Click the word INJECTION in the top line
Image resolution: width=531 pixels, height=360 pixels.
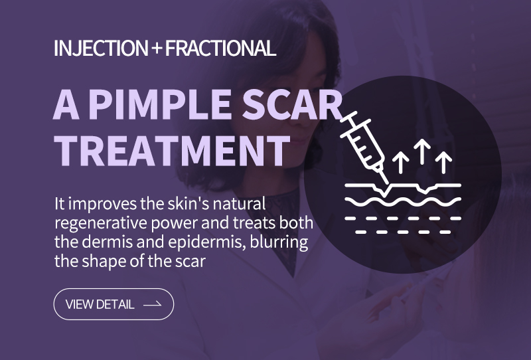point(101,48)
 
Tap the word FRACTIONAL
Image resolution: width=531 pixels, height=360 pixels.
point(220,48)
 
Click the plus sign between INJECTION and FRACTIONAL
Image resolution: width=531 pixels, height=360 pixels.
point(157,48)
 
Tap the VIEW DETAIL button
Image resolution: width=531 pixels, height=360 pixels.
point(114,304)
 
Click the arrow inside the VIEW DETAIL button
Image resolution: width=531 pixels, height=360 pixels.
point(153,304)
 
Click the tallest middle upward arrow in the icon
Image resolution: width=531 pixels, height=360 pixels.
point(422,151)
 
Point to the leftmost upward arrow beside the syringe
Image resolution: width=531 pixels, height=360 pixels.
point(401,162)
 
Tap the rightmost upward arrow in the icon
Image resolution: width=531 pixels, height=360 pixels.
point(443,162)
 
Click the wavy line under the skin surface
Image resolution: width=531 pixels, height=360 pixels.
point(403,202)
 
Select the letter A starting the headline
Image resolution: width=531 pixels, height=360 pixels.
point(66,104)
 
